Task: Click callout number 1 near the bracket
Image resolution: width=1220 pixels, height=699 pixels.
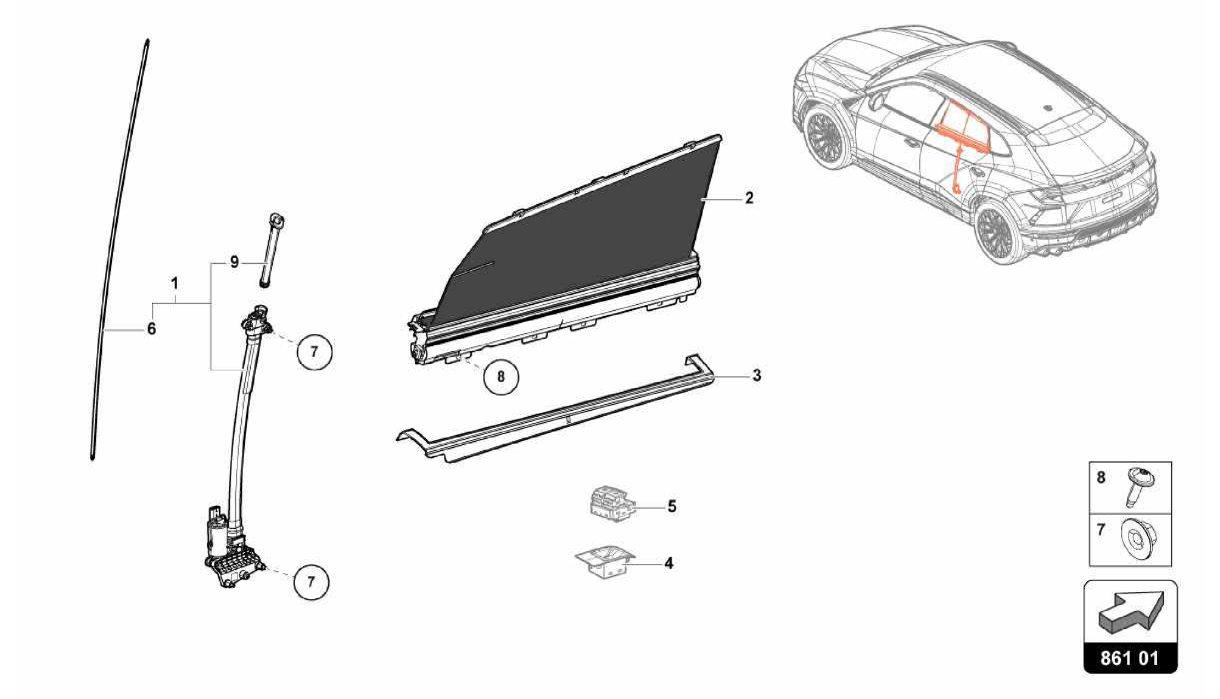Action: point(175,283)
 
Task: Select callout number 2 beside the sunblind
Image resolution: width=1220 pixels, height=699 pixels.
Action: point(749,198)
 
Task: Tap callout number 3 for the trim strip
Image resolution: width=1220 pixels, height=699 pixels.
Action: point(756,376)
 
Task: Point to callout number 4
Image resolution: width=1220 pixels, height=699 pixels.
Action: point(668,563)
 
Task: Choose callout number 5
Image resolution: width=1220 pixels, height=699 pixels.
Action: point(671,507)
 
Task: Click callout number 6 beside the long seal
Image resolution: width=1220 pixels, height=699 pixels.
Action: point(151,329)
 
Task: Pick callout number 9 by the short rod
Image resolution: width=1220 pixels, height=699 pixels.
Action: point(234,262)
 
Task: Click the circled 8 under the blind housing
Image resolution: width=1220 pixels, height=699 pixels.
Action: point(500,376)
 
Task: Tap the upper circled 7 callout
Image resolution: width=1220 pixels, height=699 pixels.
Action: point(314,352)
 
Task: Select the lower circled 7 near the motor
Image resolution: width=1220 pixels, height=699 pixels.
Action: point(310,581)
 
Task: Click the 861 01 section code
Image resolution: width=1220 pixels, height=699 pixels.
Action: point(1130,659)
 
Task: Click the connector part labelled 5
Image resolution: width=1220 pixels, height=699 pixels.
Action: point(611,504)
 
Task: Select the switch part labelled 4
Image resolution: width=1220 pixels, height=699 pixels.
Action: point(605,561)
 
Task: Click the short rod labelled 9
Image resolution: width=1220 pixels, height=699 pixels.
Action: point(270,251)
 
